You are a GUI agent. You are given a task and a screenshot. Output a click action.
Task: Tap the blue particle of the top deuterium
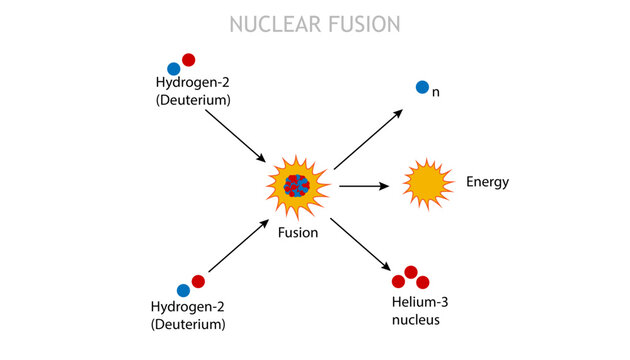(173, 68)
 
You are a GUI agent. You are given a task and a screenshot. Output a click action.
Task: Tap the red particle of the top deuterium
(189, 60)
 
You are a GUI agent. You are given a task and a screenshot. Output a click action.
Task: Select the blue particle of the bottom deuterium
(183, 290)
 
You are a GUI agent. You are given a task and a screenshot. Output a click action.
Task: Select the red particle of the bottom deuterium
(198, 282)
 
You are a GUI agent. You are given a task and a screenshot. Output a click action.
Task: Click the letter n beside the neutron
(436, 92)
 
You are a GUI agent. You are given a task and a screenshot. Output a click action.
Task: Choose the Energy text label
(487, 182)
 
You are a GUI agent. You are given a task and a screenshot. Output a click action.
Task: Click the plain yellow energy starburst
(427, 183)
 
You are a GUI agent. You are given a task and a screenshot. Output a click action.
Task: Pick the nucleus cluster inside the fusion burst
(297, 185)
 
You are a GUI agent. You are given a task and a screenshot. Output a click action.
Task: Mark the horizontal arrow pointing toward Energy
(363, 186)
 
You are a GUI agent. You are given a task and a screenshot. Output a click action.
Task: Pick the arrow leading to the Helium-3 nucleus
(360, 242)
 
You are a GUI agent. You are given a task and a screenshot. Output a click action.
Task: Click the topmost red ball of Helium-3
(410, 272)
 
